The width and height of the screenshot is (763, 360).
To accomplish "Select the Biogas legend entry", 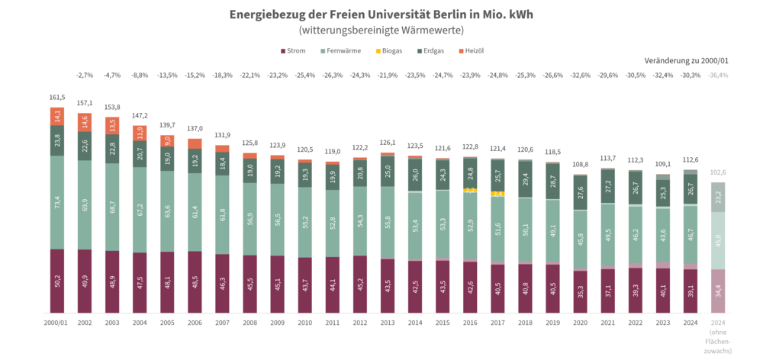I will click(x=391, y=50).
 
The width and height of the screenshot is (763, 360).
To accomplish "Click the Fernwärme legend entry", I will click(x=342, y=50).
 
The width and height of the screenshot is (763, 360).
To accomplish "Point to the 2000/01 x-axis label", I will click(x=57, y=323).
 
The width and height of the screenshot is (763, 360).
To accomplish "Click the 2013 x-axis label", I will click(x=387, y=323).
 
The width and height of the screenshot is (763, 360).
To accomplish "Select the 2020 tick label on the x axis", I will click(x=580, y=323).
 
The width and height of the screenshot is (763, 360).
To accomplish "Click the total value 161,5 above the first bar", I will click(x=57, y=98).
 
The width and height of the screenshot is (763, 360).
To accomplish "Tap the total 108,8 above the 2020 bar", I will click(x=580, y=164).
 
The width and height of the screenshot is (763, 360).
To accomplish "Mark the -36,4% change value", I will click(x=717, y=76).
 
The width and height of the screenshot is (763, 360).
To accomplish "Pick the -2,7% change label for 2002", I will click(x=85, y=76).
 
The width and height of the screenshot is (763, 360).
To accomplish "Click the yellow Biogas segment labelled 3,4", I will click(x=497, y=194).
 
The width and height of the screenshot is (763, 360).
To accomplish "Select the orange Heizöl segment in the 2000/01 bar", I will click(x=57, y=116).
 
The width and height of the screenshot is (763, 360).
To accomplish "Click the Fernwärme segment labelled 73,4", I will click(x=57, y=202).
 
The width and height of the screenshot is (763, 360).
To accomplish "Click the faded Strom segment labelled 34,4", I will click(x=717, y=291).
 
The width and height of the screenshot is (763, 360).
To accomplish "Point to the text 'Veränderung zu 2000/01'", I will click(x=686, y=59).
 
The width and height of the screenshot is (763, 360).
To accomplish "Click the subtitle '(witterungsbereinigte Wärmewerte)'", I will click(x=381, y=31).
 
